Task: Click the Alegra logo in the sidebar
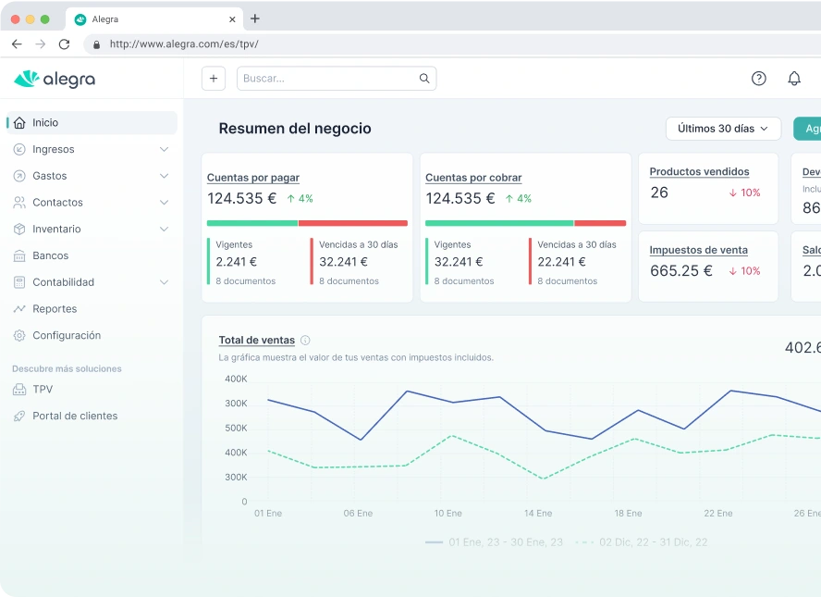tap(55, 80)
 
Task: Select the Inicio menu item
tap(45, 123)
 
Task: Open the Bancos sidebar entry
tap(50, 255)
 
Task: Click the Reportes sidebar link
tap(54, 309)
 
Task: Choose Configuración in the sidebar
tap(66, 336)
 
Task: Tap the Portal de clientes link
tap(74, 417)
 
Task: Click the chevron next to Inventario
tap(164, 230)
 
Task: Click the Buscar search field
tap(328, 79)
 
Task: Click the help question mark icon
tap(758, 79)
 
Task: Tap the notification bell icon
tap(793, 79)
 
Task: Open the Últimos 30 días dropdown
tap(723, 129)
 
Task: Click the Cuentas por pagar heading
tap(252, 178)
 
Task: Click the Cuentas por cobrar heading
tap(472, 178)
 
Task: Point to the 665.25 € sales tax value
tap(680, 271)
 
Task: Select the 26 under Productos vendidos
tap(659, 193)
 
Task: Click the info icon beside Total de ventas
tap(305, 341)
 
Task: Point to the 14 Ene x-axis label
tap(537, 514)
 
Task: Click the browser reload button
tap(64, 44)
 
